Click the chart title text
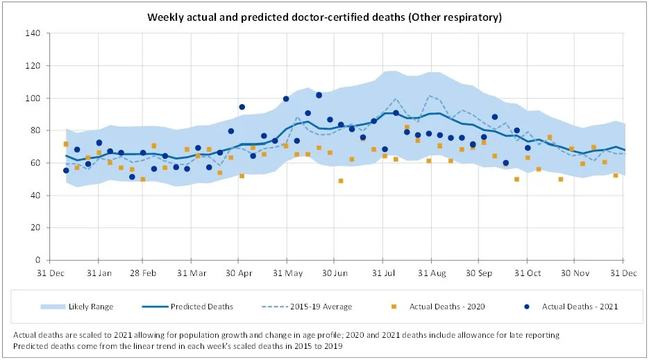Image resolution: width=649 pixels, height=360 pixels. click(324, 16)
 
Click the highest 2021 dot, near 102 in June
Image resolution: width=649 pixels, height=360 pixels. click(319, 95)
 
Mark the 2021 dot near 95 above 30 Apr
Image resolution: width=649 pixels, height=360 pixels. click(242, 107)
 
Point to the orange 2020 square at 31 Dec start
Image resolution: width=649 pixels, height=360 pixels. click(66, 144)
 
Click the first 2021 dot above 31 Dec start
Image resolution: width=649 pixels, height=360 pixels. click(66, 170)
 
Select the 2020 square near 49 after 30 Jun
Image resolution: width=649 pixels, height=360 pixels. click(341, 181)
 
